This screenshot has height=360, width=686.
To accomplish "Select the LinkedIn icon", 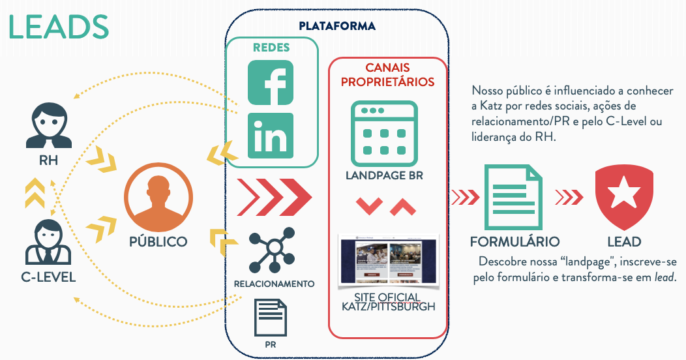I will click(x=271, y=135).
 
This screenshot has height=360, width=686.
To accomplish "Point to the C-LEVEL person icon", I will click(x=48, y=242).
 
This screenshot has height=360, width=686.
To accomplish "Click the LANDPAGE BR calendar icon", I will click(x=384, y=133).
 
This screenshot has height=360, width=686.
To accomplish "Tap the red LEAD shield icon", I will click(x=623, y=196).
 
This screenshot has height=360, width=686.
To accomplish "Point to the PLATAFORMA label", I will click(x=337, y=27).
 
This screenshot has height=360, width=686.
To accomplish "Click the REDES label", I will click(x=271, y=48).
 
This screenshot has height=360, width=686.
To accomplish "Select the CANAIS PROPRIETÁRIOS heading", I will click(x=387, y=75).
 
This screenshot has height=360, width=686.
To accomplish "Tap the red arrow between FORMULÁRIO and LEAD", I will click(x=569, y=196).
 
